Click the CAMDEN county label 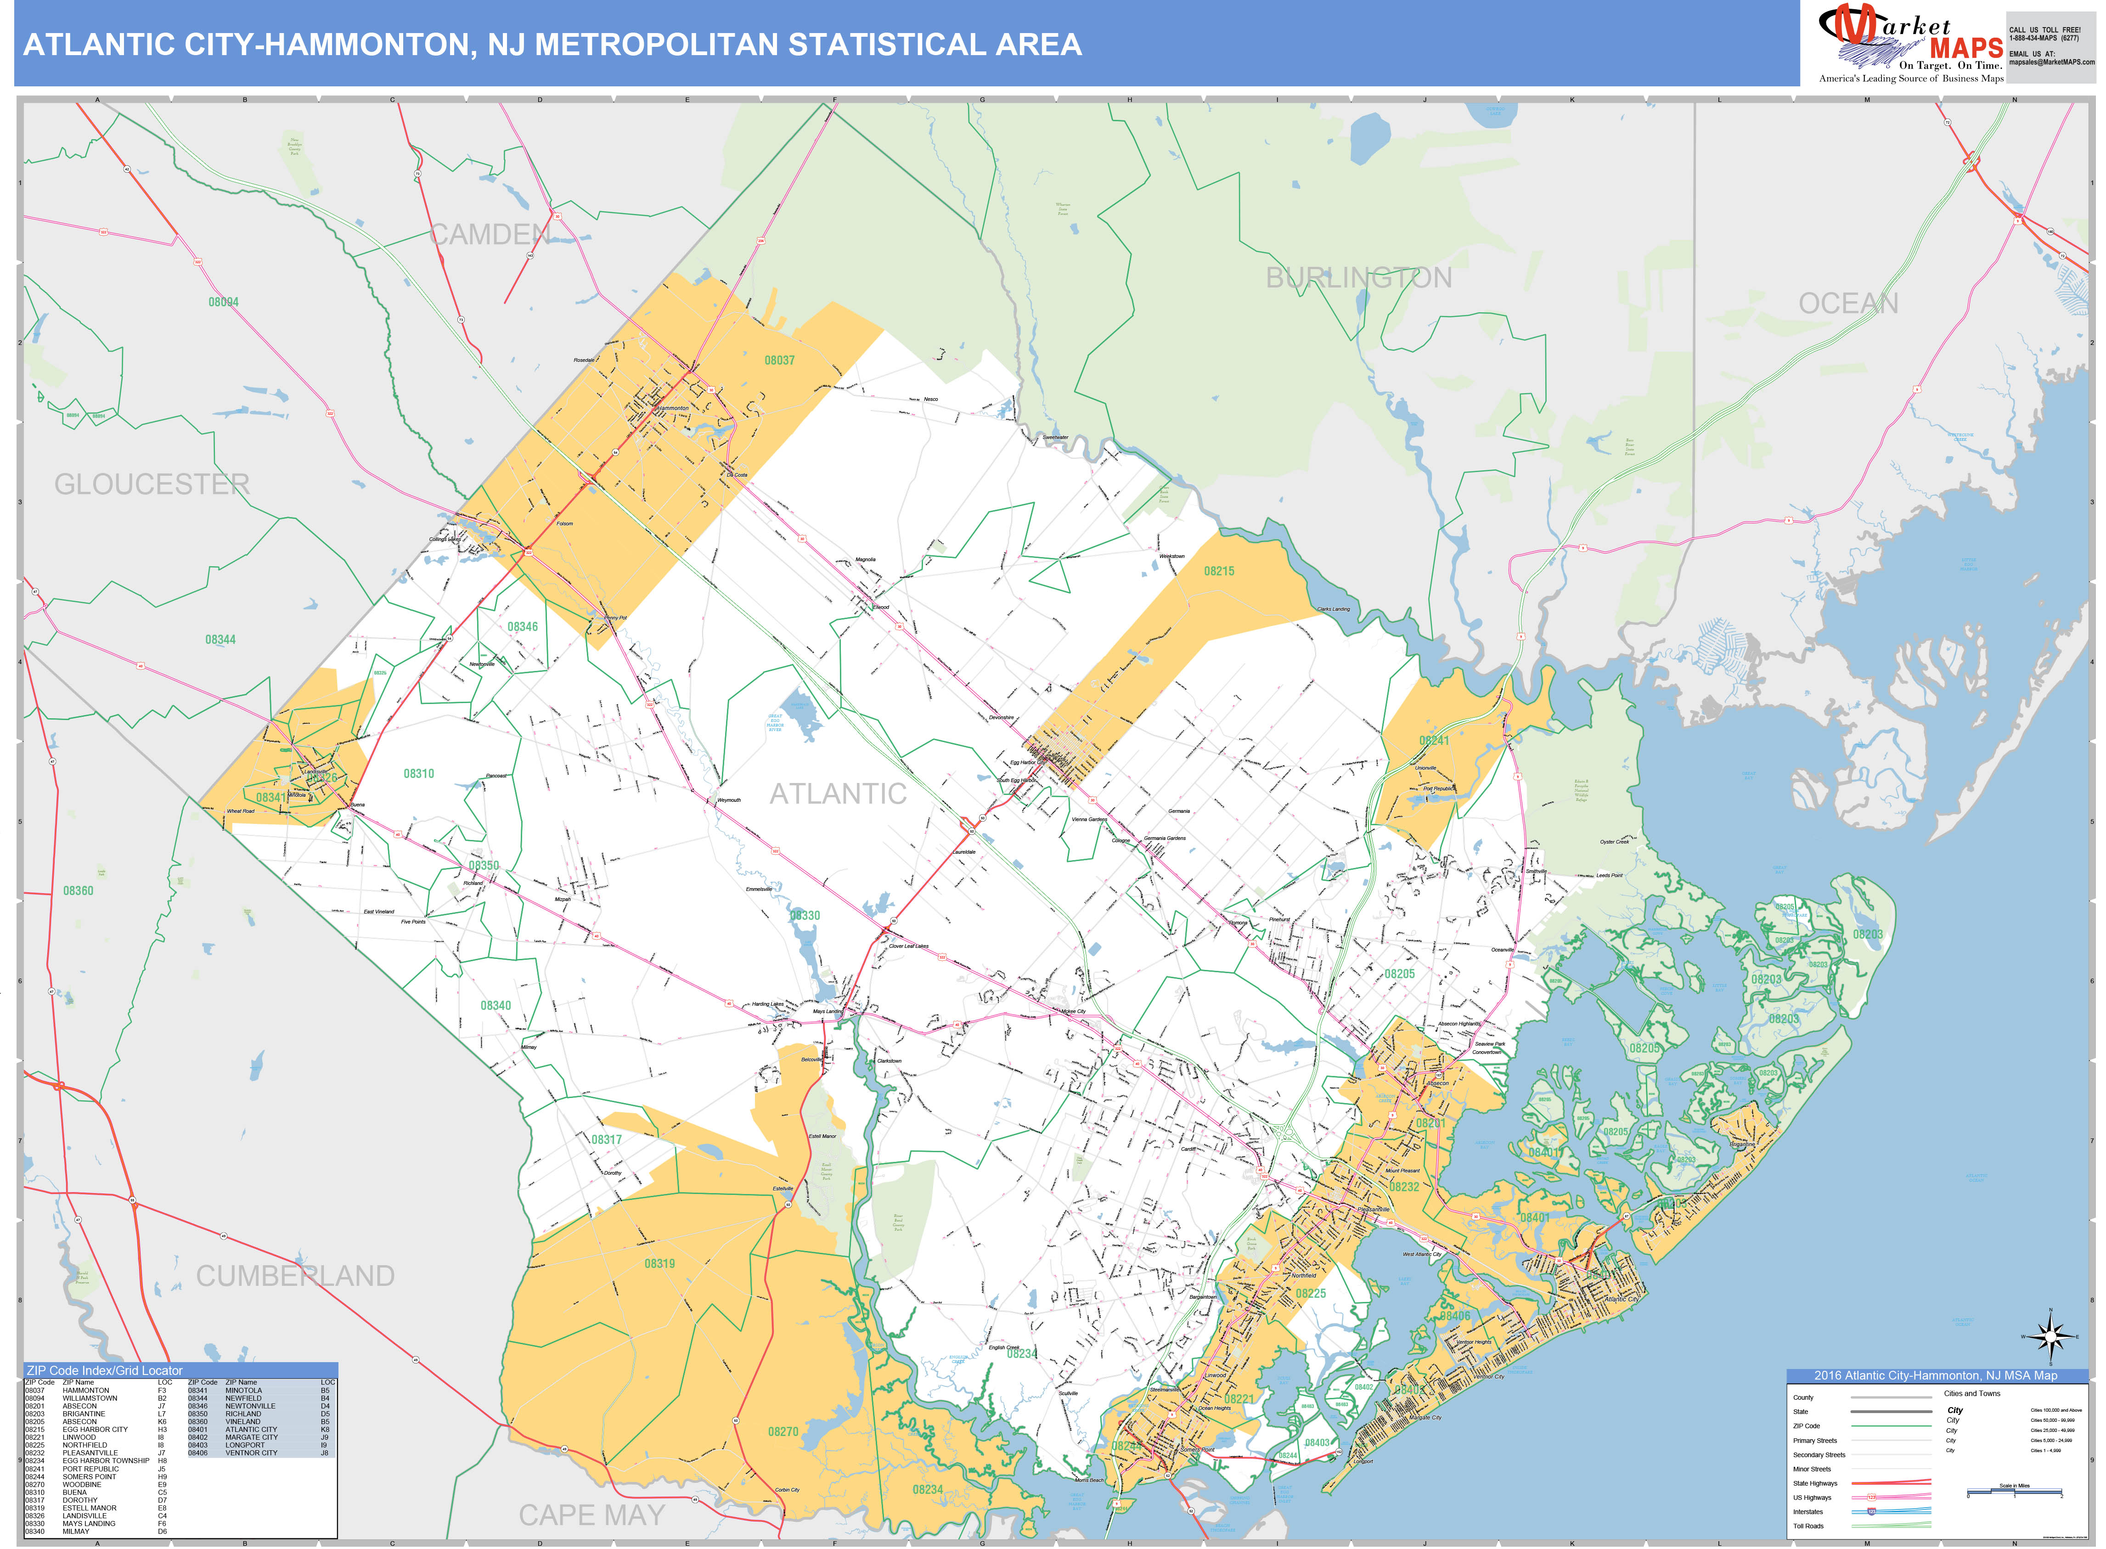click(x=490, y=234)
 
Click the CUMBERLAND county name click(x=295, y=1276)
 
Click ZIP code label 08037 click(x=779, y=360)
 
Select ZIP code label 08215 click(x=1219, y=571)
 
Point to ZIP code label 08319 click(x=659, y=1264)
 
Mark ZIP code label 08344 click(x=220, y=639)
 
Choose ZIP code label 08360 click(x=78, y=891)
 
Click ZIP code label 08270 click(x=783, y=1432)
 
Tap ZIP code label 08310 click(x=419, y=773)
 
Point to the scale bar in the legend click(x=2014, y=1492)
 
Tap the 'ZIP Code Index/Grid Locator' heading click(x=105, y=1371)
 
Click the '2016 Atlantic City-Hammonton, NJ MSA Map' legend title click(x=1935, y=1375)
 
